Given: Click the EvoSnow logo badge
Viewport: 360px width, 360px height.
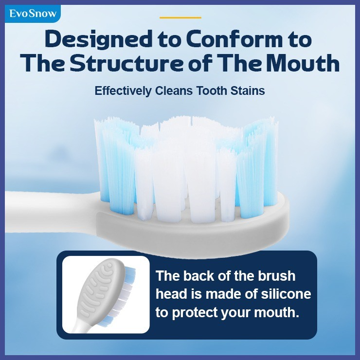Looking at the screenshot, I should click(x=33, y=14).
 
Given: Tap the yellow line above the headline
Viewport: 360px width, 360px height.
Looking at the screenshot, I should click(x=180, y=18).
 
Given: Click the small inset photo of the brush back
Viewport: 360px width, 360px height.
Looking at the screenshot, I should click(x=106, y=294).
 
